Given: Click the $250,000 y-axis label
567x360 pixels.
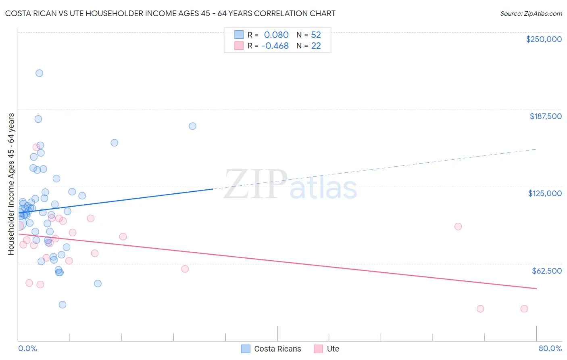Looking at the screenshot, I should pyautogui.click(x=544, y=39).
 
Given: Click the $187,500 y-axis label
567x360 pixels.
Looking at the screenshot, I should pyautogui.click(x=545, y=116).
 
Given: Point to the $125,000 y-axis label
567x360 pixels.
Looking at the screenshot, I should pyautogui.click(x=545, y=193).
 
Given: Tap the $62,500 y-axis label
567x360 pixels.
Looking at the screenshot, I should pyautogui.click(x=546, y=271).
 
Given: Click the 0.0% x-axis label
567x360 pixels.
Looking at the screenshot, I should pyautogui.click(x=27, y=348).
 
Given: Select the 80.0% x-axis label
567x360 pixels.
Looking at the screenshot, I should pyautogui.click(x=550, y=348).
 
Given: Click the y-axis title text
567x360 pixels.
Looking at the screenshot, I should pyautogui.click(x=11, y=184).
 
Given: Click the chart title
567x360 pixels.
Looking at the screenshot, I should pyautogui.click(x=170, y=13).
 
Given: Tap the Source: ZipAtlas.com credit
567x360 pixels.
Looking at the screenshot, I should pyautogui.click(x=531, y=14).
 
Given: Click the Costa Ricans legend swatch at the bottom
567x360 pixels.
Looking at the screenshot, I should pyautogui.click(x=246, y=349).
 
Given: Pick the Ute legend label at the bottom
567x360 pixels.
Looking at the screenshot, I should pyautogui.click(x=333, y=349).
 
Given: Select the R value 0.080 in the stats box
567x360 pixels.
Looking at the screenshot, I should pyautogui.click(x=276, y=35).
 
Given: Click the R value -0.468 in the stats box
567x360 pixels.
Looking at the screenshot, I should pyautogui.click(x=275, y=46).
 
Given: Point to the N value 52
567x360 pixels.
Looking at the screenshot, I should pyautogui.click(x=316, y=35).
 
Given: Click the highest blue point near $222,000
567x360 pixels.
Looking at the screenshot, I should pyautogui.click(x=39, y=73).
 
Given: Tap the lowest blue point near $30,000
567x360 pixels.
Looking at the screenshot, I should pyautogui.click(x=62, y=305).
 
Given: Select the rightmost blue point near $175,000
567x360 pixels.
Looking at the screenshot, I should pyautogui.click(x=192, y=126).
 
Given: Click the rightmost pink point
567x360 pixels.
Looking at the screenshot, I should pyautogui.click(x=524, y=309).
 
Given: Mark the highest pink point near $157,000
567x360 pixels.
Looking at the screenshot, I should pyautogui.click(x=36, y=147).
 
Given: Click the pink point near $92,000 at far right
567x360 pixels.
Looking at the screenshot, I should pyautogui.click(x=458, y=226).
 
